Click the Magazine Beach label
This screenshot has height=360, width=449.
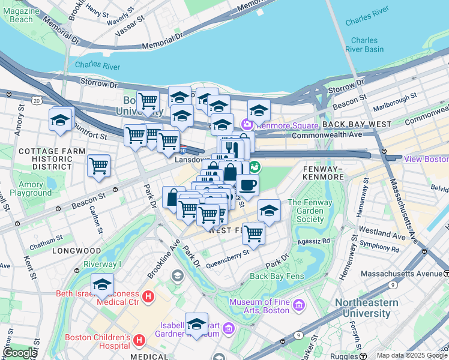[x=21, y=15]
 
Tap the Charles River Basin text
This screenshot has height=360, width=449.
[x=364, y=45]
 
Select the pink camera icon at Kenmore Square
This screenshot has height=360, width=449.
[x=247, y=124]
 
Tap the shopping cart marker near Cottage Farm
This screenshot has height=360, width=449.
[x=98, y=166]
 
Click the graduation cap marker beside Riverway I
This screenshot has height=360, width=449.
[x=102, y=284]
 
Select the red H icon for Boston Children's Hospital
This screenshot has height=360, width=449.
[x=139, y=341]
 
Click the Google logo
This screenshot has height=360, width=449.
[x=20, y=353]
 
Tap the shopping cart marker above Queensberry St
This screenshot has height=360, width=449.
[x=253, y=233]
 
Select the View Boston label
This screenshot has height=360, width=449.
[x=426, y=159]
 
